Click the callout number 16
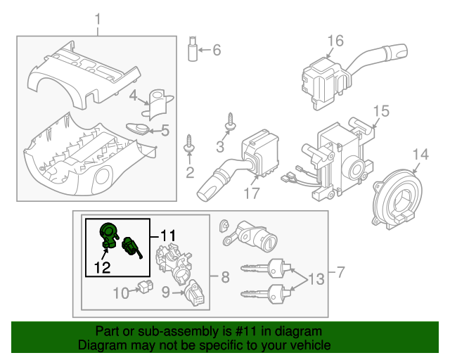[x=335, y=41]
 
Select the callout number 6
[x=216, y=50]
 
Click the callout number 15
[x=380, y=111]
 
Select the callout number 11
[x=168, y=234]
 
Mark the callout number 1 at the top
[x=97, y=18]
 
